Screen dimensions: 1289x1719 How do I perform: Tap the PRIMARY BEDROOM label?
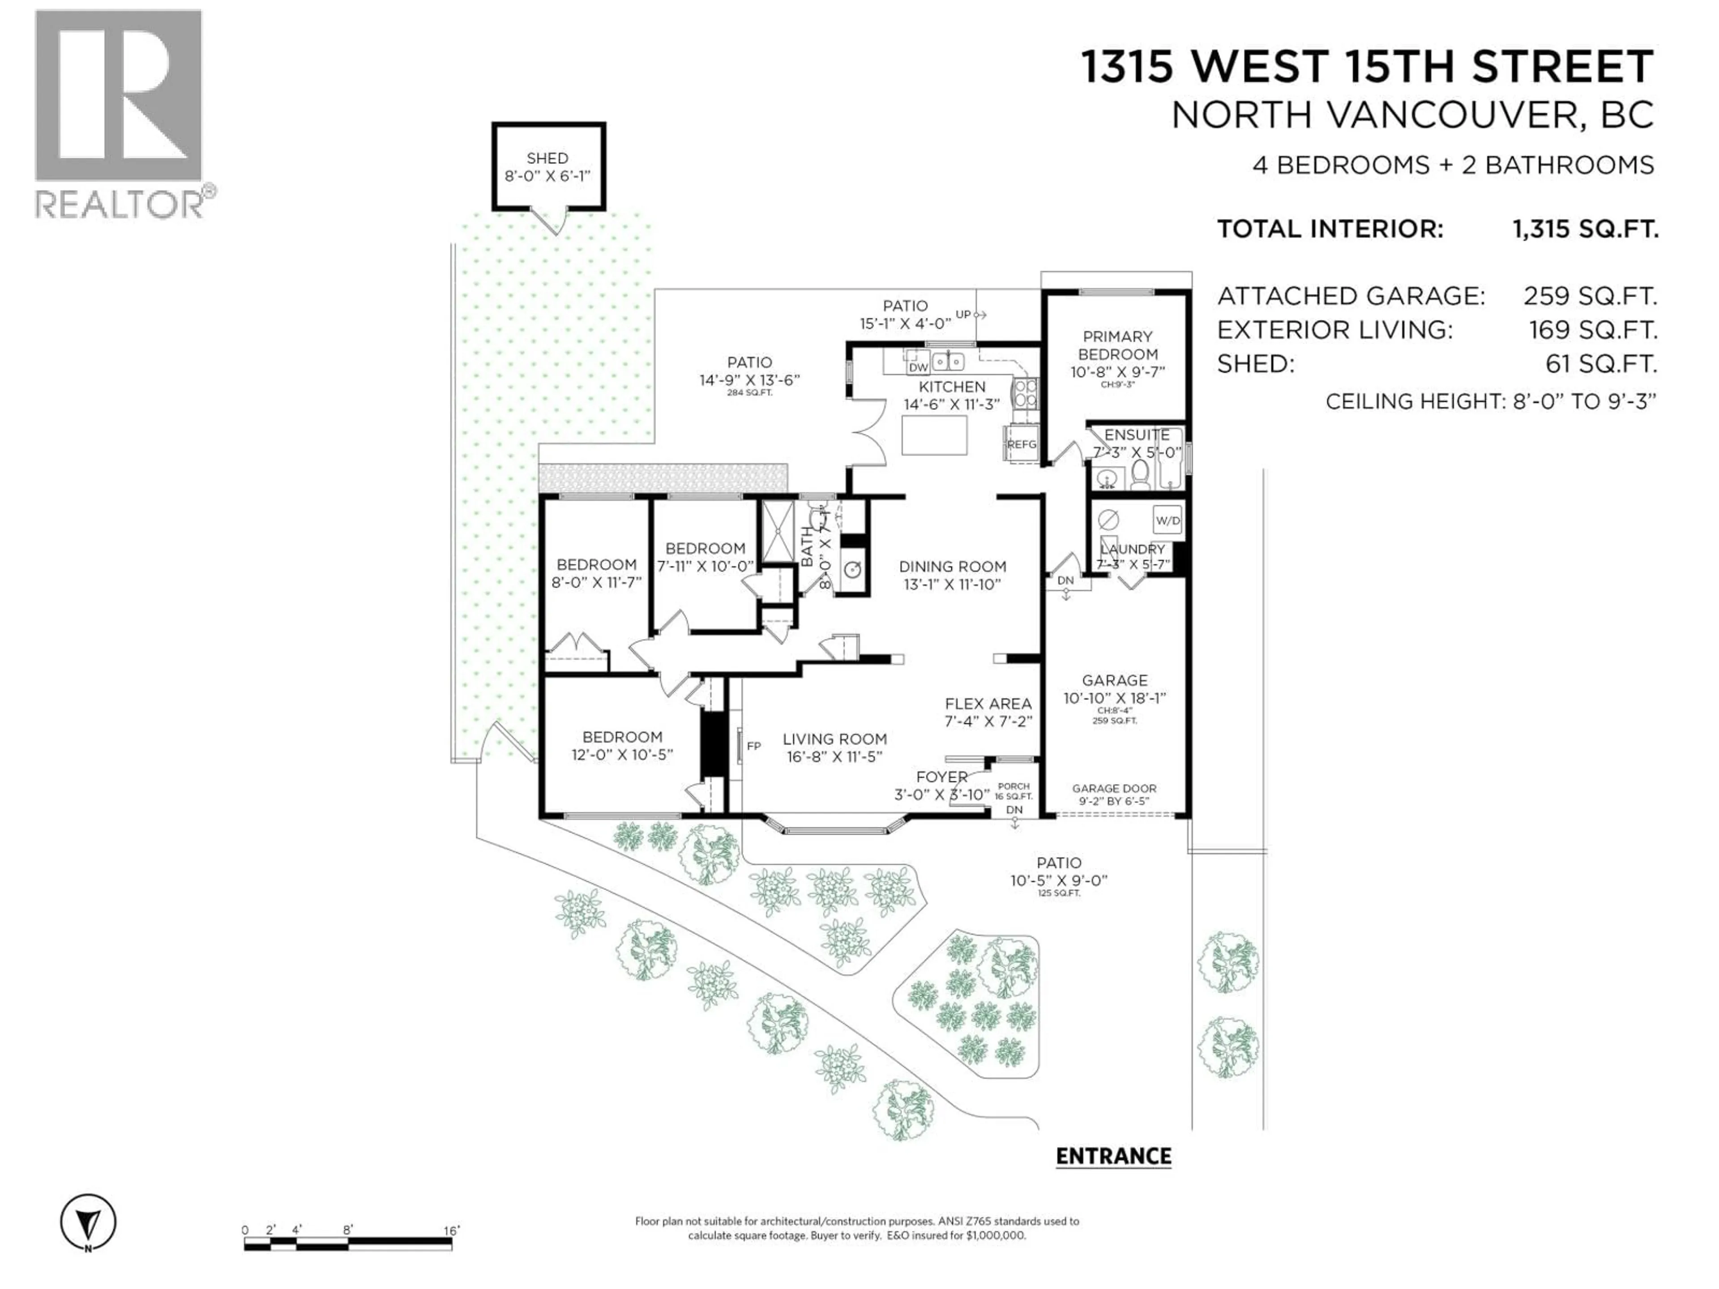point(1117,345)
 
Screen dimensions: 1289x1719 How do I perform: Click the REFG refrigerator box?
point(1021,444)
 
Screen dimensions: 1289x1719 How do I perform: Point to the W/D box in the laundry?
point(1167,521)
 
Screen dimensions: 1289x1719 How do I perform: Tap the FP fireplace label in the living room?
point(753,746)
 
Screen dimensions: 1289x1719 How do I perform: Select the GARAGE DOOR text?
point(1114,788)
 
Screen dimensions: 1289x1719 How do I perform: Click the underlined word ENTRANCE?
point(1113,1156)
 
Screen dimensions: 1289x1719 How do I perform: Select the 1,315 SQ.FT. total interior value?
point(1585,229)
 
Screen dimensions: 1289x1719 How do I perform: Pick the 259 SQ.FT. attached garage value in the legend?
point(1589,296)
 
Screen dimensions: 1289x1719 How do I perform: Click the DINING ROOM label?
point(952,567)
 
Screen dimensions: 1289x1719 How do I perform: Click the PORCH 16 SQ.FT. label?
point(1013,791)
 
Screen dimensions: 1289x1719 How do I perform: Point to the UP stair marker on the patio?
point(964,315)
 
